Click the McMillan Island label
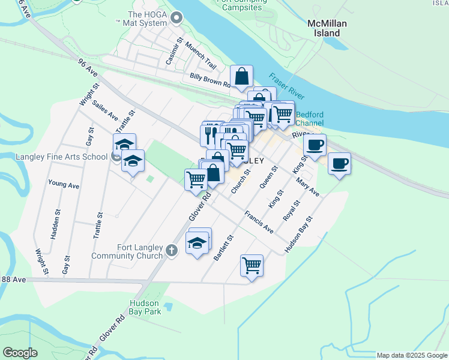[327, 28]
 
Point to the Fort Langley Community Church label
[127, 251]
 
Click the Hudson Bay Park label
[145, 307]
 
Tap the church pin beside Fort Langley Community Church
[172, 250]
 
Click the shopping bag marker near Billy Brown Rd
[241, 77]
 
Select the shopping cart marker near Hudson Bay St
[252, 265]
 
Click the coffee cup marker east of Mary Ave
[339, 163]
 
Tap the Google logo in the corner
[20, 353]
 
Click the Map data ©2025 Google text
[412, 355]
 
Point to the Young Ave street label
[64, 185]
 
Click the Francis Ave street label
[259, 222]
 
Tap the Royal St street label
[292, 214]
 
